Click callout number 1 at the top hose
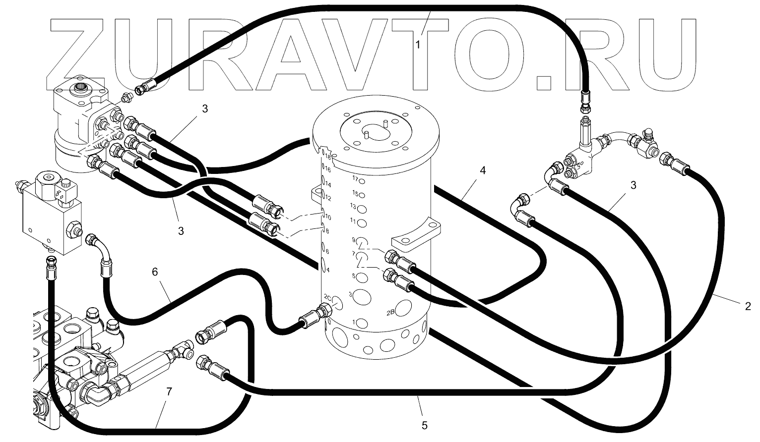pos(418,45)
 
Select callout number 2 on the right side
pos(748,307)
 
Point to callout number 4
pos(482,170)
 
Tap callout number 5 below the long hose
pos(423,425)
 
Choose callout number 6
pos(155,272)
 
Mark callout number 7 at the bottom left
pos(169,392)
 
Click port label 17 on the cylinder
pos(355,178)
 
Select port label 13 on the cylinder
pos(353,206)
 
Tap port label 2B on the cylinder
pos(390,312)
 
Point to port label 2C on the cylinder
pos(327,297)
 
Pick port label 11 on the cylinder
pos(353,220)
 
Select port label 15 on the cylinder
pos(355,193)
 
